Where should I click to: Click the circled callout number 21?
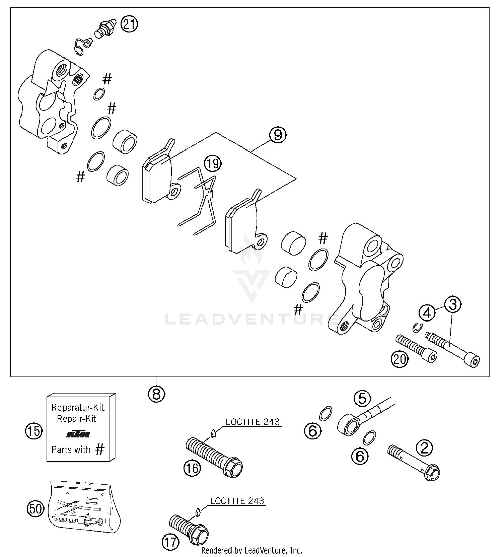(129, 25)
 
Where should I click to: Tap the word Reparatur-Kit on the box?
(78, 408)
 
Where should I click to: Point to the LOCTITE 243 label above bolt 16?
(253, 422)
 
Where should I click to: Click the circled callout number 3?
(453, 305)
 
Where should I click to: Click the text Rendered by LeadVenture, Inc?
(252, 550)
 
